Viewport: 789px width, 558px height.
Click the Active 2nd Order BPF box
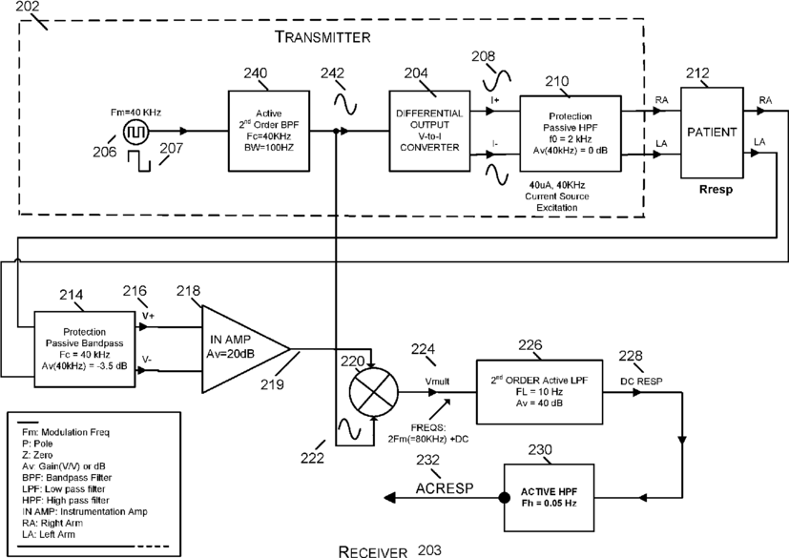coord(269,131)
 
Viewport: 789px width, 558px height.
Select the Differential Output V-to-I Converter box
coord(429,131)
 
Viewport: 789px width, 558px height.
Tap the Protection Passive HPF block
coord(571,134)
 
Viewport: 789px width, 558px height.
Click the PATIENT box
coord(712,133)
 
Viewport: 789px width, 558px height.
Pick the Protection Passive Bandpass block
coord(85,349)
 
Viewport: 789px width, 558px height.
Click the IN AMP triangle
coord(241,349)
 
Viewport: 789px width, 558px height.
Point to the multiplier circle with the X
coord(374,391)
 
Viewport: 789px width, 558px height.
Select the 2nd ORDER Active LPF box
coord(539,392)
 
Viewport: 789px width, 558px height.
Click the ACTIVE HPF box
coord(549,498)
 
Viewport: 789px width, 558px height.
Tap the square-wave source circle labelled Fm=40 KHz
coord(135,132)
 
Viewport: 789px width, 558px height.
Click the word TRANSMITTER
coord(322,37)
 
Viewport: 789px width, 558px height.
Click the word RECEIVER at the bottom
coord(372,551)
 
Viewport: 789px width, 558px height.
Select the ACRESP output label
coord(445,488)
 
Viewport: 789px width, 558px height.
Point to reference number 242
coord(333,73)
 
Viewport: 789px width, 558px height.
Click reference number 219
coord(272,384)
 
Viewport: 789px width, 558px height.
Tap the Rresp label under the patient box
coord(716,190)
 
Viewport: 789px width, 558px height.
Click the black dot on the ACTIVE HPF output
coord(504,498)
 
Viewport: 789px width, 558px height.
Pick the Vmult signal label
coord(437,382)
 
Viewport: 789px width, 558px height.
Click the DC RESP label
coord(641,381)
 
